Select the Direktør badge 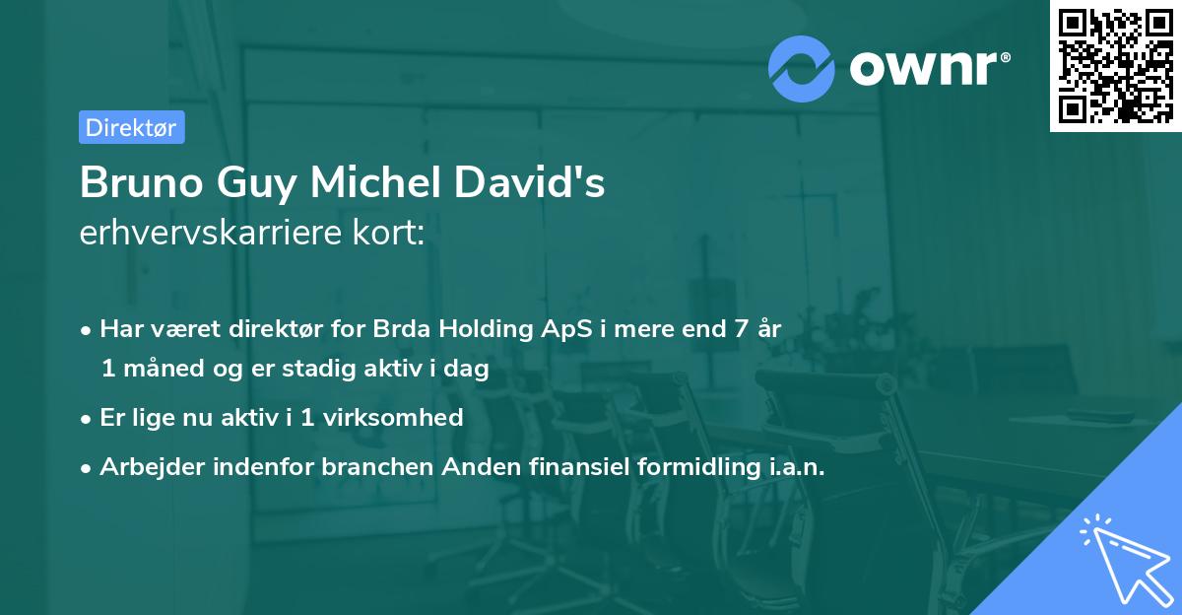pos(131,127)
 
